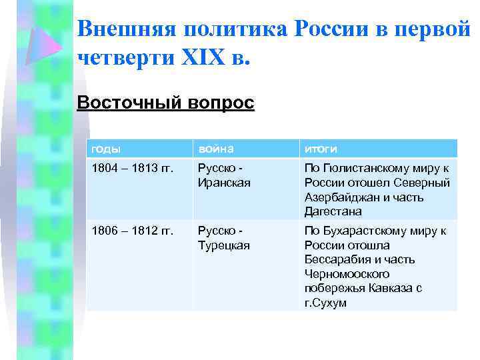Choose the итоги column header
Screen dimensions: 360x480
coord(320,149)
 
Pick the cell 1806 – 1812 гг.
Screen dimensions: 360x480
coord(132,231)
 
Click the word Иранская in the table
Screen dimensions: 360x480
coord(224,183)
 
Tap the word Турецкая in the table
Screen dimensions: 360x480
coord(224,245)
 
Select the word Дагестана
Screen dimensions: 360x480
coord(333,211)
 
